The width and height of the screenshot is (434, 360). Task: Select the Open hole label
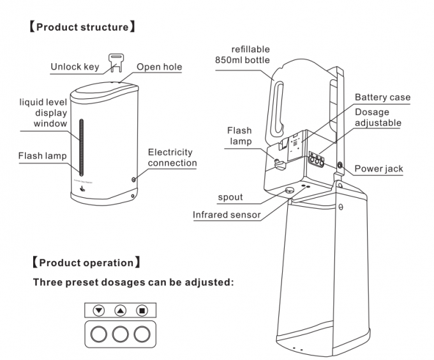[159, 67]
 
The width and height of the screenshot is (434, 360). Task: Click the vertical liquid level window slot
[81, 146]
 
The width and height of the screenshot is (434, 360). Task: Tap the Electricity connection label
[170, 157]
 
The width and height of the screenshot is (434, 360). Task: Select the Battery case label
[382, 97]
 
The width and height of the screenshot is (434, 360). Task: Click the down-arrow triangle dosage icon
[98, 311]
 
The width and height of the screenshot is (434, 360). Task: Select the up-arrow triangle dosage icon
[120, 311]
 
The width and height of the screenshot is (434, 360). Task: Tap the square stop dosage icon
[142, 311]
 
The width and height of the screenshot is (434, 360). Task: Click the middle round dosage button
[120, 333]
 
